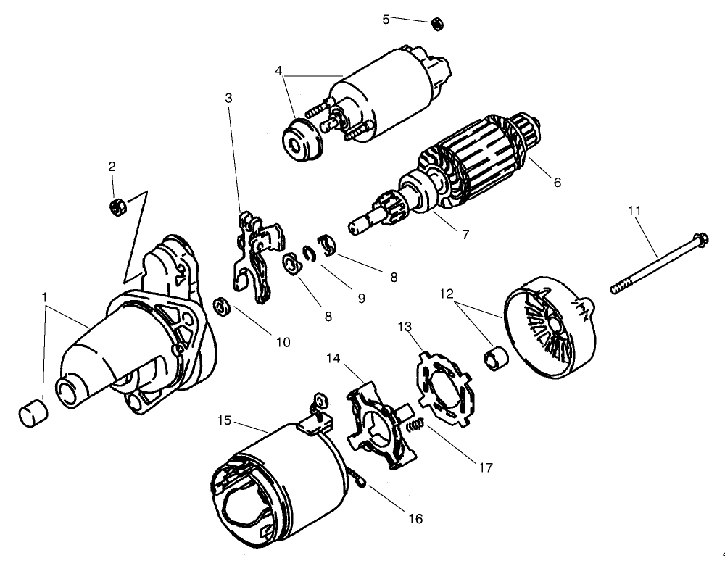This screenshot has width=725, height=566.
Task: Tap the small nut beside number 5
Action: pos(436,24)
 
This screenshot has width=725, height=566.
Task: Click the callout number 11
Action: pos(634,212)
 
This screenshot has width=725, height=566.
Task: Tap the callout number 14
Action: pos(333,358)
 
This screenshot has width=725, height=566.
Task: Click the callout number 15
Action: pos(224,420)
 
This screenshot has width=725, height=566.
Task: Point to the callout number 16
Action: pos(415,518)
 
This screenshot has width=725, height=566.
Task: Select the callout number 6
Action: pos(557,183)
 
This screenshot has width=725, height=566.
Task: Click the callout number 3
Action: pos(228,98)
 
